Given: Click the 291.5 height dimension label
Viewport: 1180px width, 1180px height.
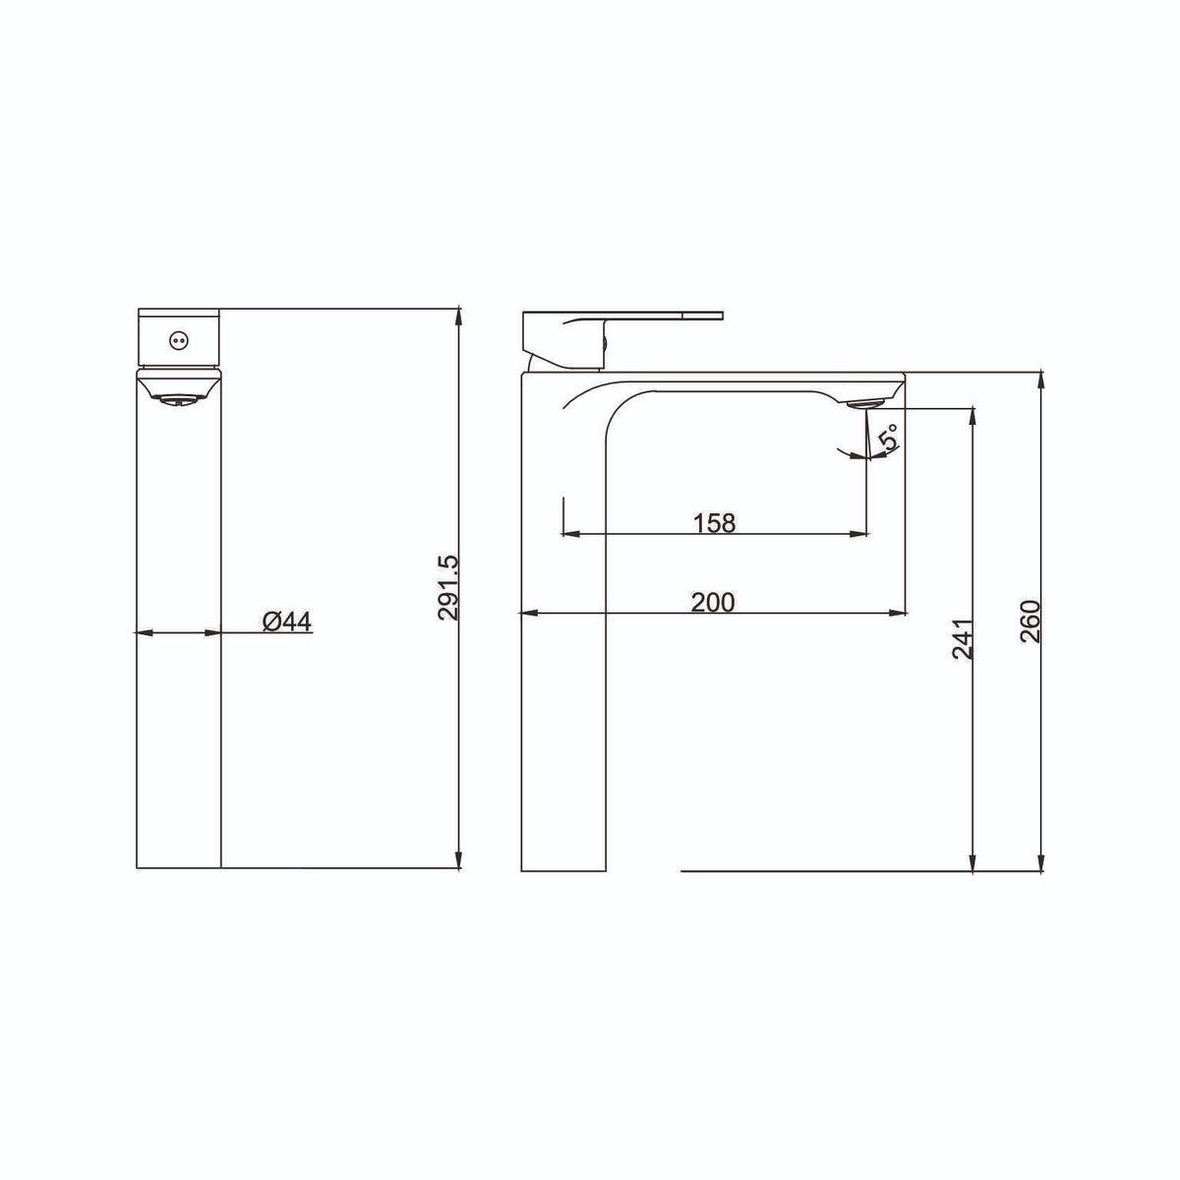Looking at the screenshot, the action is click(x=448, y=587).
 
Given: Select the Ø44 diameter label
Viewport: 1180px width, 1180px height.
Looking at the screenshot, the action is click(x=286, y=622).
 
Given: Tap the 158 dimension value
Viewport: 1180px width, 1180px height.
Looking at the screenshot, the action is click(x=714, y=523).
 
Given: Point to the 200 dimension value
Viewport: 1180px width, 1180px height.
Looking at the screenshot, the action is click(x=713, y=603).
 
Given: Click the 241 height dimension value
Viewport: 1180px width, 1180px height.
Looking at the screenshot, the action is click(x=962, y=639).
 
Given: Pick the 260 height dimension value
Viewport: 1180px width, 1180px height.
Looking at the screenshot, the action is click(x=1031, y=621).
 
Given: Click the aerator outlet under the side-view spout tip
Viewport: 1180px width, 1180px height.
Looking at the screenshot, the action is click(x=865, y=403).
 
